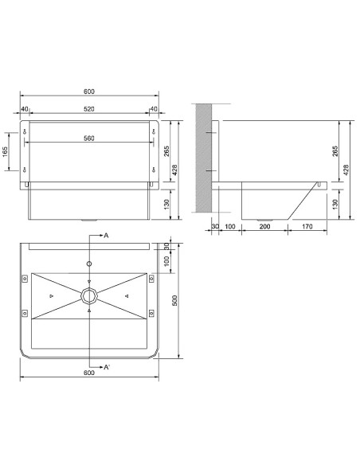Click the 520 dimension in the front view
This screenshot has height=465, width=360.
tap(89, 109)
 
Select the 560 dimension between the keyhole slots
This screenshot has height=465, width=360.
tap(89, 139)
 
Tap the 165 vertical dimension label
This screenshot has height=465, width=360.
tap(6, 152)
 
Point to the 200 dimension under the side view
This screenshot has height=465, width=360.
tap(264, 227)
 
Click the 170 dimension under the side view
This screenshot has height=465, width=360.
tap(307, 227)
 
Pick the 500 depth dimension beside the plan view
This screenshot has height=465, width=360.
tap(174, 300)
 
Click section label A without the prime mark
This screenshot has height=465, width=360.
tap(106, 236)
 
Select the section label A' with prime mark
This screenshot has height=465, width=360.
tap(107, 367)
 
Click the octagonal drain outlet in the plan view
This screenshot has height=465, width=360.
tap(89, 296)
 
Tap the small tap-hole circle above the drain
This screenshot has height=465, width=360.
tap(89, 264)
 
